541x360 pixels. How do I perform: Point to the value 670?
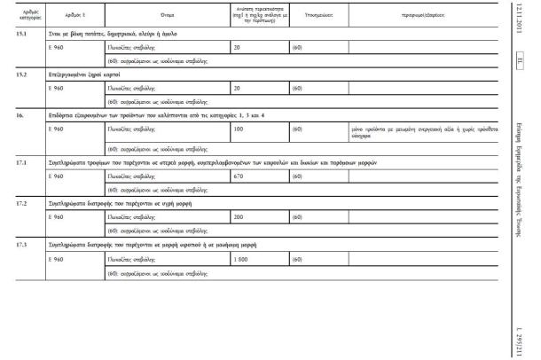[x=238, y=176]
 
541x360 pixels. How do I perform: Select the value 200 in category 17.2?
[x=237, y=216]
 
